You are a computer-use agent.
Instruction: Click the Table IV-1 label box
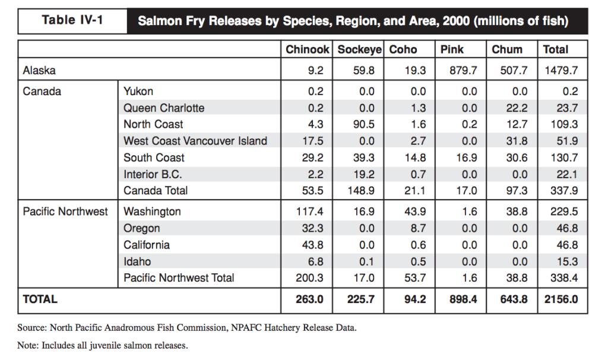click(72, 21)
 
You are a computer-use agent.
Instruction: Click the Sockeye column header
click(359, 50)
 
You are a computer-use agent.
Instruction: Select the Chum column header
click(507, 50)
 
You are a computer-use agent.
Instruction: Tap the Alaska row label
click(39, 70)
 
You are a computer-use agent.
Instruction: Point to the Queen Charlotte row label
click(164, 108)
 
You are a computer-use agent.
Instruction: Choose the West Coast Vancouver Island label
click(195, 141)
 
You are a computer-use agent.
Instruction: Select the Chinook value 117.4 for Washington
click(309, 211)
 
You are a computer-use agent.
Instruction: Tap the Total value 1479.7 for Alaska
click(560, 70)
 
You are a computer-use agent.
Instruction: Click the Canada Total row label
click(156, 191)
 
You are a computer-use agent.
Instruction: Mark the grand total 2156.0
click(560, 299)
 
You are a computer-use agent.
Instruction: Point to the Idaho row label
click(137, 261)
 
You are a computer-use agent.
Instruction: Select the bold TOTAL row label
click(40, 299)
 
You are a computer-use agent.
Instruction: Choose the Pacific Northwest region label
click(65, 211)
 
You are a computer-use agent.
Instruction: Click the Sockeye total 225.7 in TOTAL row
click(360, 299)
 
